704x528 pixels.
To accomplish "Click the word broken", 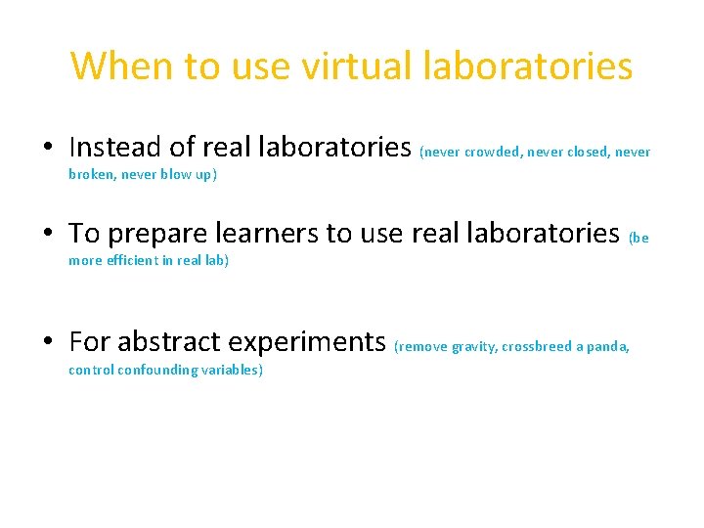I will coord(91,175).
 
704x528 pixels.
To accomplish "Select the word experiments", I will coord(307,342).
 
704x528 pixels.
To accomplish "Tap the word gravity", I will coord(473,347).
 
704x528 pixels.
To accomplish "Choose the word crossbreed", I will coord(536,347).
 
